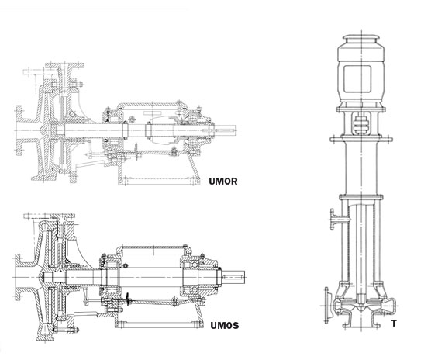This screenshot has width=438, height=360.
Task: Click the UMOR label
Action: pos(223,181)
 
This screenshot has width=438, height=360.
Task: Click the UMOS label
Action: pos(225,325)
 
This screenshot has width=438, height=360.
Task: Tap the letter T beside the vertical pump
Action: pos(394,324)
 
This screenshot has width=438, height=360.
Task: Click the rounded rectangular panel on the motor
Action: pos(357,79)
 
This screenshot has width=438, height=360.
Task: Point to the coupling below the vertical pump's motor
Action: pos(360,123)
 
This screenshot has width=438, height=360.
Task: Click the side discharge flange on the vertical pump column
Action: pos(333,219)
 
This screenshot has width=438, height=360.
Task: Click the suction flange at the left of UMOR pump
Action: pos(19,130)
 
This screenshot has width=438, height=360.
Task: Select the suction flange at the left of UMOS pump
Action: pos(17,277)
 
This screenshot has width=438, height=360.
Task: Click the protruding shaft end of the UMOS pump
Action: pos(233,277)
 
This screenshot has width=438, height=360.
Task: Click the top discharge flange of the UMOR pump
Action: pos(65,66)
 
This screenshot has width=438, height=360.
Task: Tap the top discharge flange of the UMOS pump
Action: pos(64,216)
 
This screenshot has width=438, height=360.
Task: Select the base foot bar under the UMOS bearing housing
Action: pos(159,325)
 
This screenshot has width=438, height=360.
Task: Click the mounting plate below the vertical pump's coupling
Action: pos(361,139)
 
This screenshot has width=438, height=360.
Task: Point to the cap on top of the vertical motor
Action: pos(360,39)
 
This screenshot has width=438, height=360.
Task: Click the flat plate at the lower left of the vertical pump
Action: pos(326,305)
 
